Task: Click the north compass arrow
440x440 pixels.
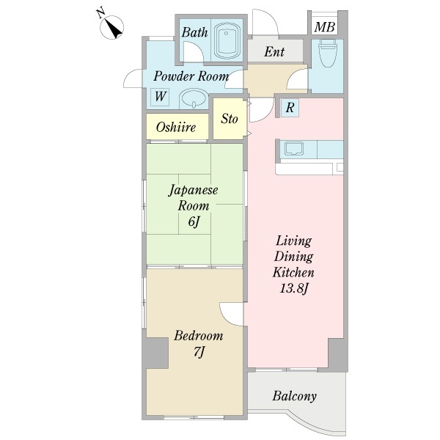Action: [x=115, y=30]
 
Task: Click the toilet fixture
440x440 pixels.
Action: [x=328, y=53]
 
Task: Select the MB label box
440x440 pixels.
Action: [x=325, y=27]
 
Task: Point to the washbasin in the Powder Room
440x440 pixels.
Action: [x=194, y=98]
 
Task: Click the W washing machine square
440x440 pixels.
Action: [x=160, y=97]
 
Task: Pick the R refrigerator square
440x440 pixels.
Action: [x=290, y=108]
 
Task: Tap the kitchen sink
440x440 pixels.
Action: [x=294, y=148]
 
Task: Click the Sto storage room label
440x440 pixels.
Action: [x=230, y=118]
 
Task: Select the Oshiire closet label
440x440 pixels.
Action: [x=176, y=127]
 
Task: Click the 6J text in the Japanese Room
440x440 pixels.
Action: [x=194, y=221]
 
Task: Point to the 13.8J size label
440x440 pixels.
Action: [x=294, y=288]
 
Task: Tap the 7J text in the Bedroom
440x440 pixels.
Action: [x=199, y=352]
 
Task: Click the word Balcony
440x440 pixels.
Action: [x=294, y=396]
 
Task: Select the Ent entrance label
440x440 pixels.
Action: [x=274, y=51]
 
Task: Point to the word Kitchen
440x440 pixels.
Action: [x=293, y=273]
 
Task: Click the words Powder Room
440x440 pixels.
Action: [x=191, y=76]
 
